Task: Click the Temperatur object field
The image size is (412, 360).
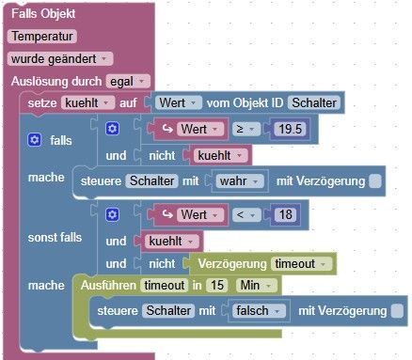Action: pos(42,37)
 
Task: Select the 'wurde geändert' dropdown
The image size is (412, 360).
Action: pos(60,59)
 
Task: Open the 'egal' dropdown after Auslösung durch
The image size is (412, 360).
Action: pos(128,82)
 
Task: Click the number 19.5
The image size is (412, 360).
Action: pos(290,129)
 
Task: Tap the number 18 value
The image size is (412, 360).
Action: pos(285,214)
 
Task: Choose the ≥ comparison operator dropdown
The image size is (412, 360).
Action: pos(246,129)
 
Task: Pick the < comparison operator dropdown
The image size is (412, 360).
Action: pos(246,214)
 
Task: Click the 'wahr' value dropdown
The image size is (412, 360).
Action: pos(240,181)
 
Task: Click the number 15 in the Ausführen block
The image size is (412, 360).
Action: pos(217,285)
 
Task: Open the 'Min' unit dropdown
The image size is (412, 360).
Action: pos(256,285)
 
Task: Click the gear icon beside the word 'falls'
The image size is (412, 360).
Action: pos(34,140)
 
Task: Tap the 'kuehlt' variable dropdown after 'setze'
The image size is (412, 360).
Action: pos(88,103)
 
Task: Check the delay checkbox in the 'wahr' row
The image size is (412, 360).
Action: pos(375,181)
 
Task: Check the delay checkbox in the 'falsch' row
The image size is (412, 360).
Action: pos(398,311)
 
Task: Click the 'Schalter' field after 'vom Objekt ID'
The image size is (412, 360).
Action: pos(314,102)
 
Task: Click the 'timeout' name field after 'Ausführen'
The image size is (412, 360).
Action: pos(165,285)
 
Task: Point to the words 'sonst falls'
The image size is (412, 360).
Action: pos(55,238)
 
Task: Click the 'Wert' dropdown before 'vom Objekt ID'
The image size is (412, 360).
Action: pos(178,102)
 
